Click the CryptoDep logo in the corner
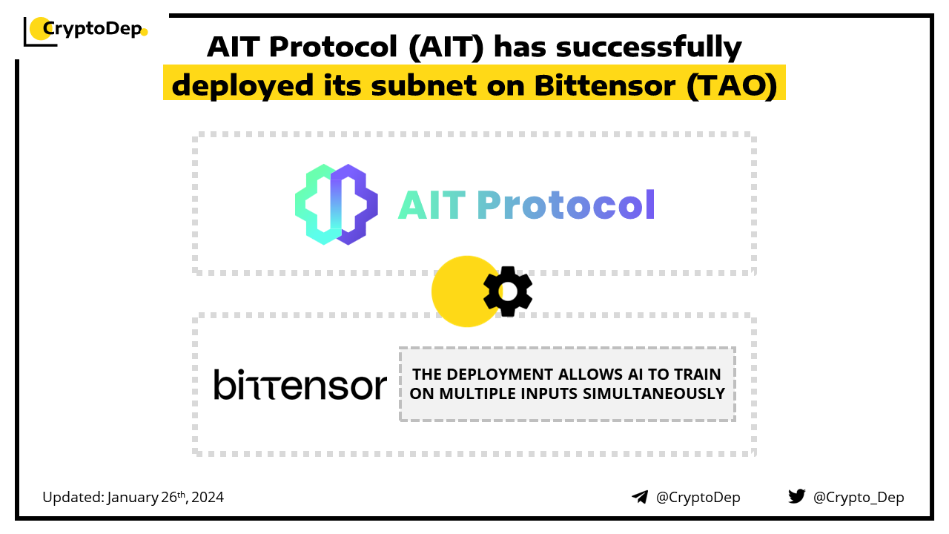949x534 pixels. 85,31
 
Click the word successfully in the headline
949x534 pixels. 649,47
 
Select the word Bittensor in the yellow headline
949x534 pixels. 604,85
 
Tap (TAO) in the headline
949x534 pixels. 732,86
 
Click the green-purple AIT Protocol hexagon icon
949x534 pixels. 337,204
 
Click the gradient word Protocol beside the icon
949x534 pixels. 566,205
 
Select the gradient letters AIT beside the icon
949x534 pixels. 431,205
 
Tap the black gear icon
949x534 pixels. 508,291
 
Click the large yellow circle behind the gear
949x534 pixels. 462,291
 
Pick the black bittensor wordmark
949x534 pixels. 300,384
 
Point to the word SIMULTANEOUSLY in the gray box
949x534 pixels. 654,394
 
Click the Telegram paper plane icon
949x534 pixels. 640,497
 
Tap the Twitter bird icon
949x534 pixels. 797,496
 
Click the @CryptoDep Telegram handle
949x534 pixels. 698,498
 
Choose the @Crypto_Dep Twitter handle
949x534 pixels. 859,498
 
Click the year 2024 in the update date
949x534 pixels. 207,497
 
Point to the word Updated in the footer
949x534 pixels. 73,498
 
